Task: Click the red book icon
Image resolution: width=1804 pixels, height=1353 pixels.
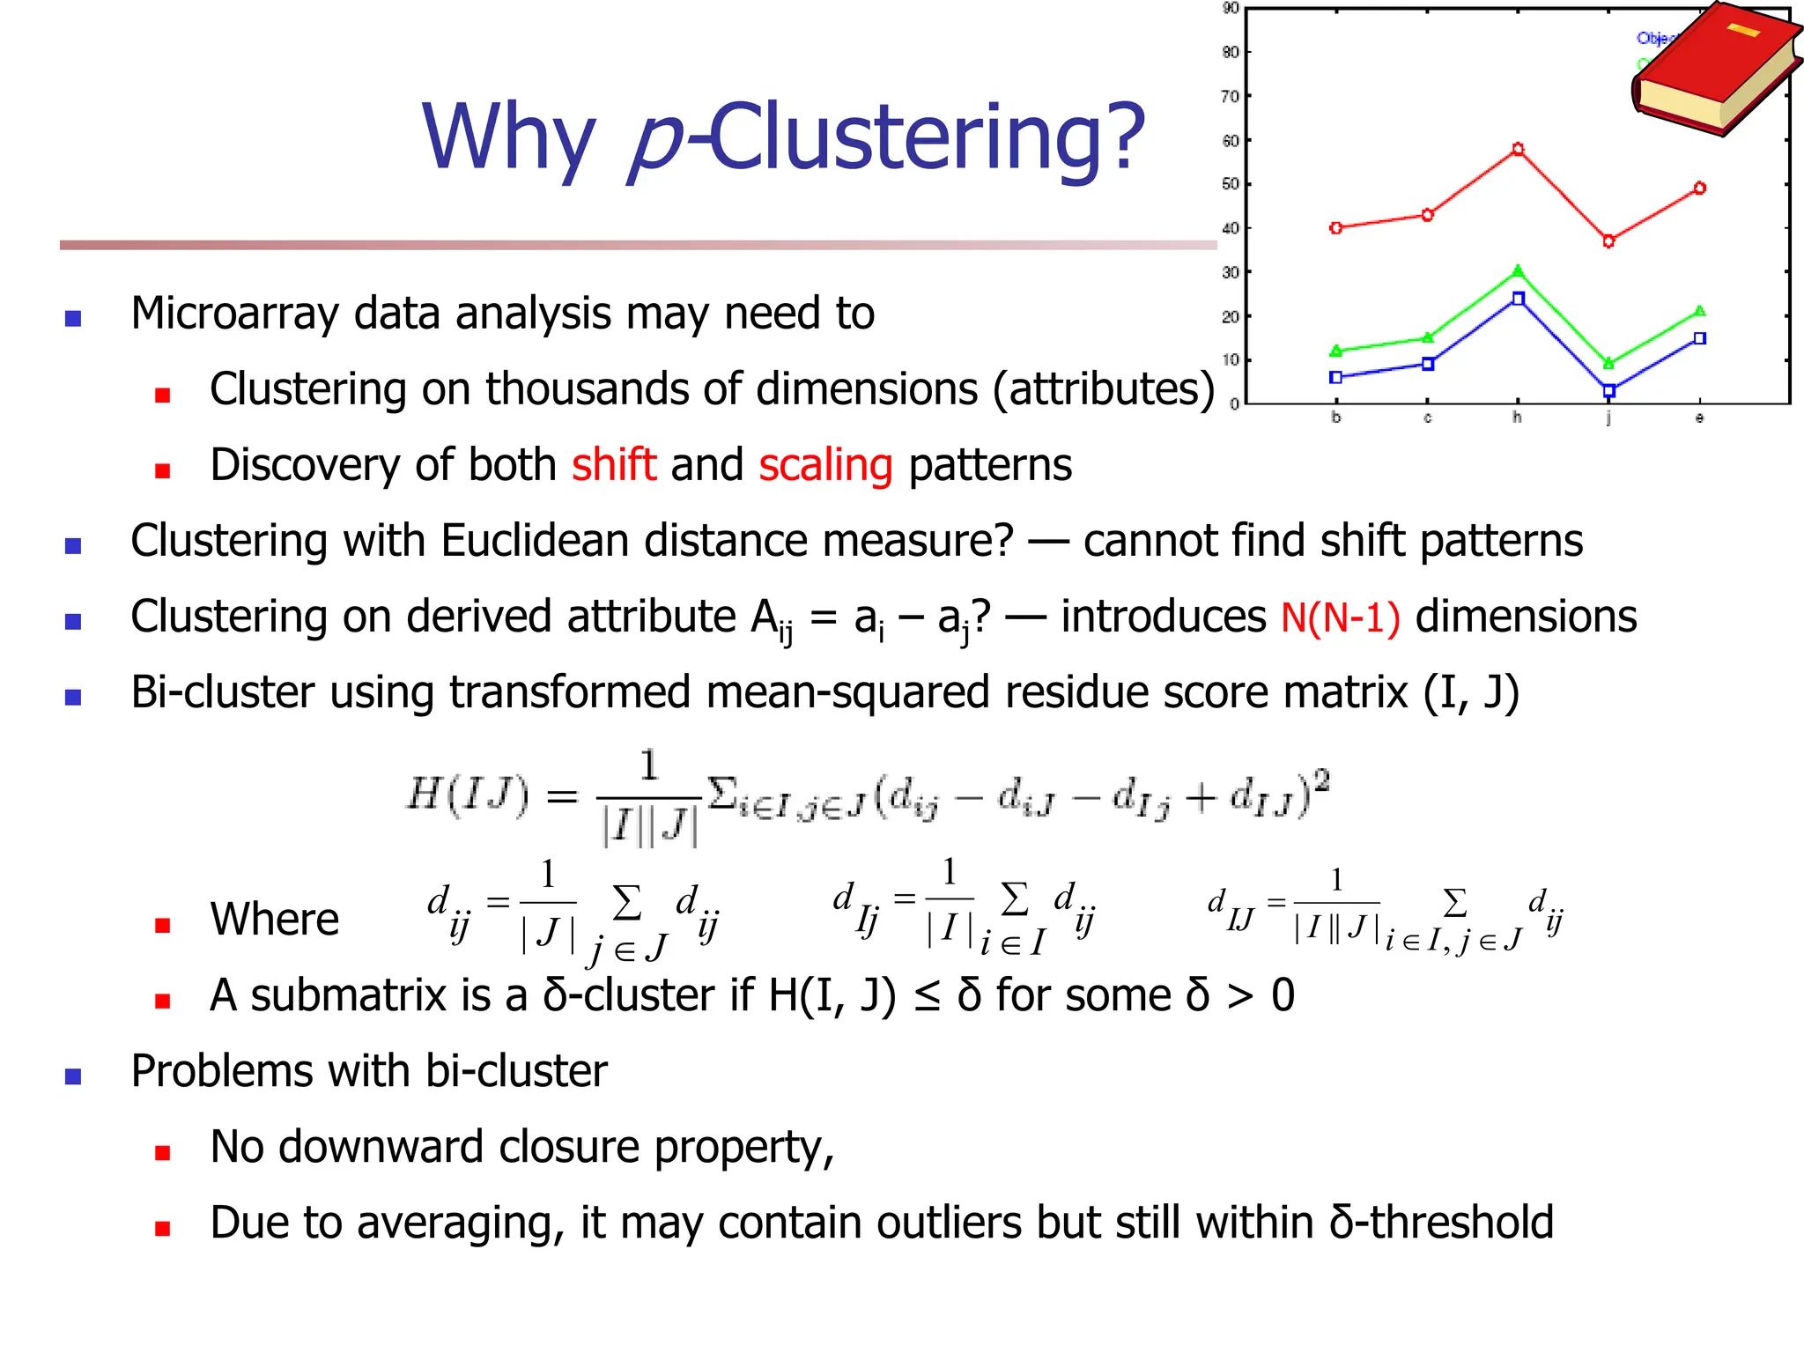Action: [1713, 70]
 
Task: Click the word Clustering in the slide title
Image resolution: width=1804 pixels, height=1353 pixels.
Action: [925, 137]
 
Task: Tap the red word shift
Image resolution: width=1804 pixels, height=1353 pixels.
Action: [614, 464]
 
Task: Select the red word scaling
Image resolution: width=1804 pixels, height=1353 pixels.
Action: [825, 465]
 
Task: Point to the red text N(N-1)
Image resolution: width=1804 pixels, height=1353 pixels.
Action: [1340, 617]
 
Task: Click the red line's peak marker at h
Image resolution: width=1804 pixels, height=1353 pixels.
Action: [1518, 150]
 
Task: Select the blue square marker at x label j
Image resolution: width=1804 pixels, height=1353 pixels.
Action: [1608, 390]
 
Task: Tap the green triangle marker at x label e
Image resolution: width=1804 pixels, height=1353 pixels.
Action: [1699, 311]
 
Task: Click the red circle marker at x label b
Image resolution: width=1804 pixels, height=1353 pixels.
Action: [1336, 228]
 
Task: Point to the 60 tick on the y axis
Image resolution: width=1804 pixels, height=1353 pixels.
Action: [1231, 140]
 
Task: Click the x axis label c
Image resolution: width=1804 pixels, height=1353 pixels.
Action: [1427, 418]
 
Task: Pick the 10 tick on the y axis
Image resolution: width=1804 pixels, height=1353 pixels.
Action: [1231, 359]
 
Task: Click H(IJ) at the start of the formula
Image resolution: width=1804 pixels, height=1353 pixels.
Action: [468, 795]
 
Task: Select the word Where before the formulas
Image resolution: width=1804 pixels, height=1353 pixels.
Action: [274, 919]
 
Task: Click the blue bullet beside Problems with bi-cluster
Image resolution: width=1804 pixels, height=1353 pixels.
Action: [73, 1076]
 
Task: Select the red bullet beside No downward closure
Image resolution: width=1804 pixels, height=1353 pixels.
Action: [162, 1152]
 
